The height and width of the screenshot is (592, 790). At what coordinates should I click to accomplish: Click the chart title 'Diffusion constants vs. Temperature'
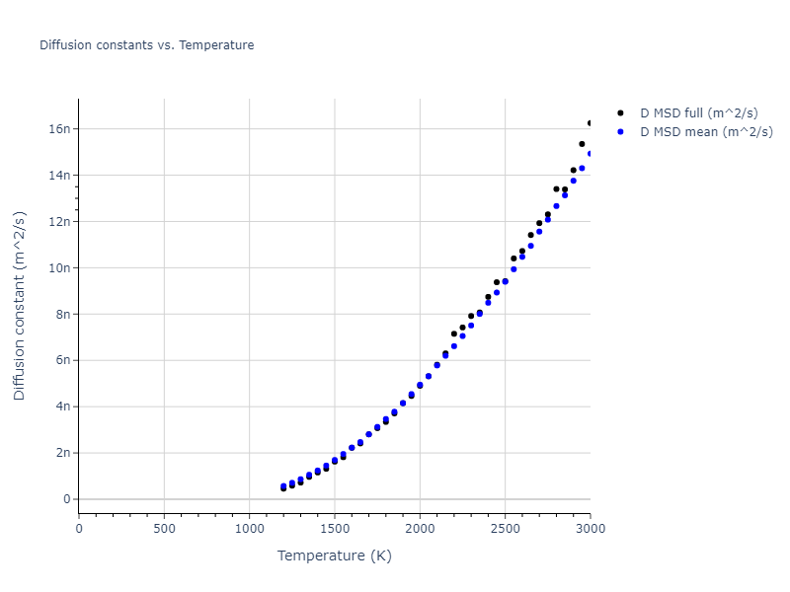[x=146, y=45]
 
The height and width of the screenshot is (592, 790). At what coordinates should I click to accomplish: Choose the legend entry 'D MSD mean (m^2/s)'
[x=706, y=131]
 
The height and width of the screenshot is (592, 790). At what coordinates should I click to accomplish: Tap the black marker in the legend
[x=620, y=113]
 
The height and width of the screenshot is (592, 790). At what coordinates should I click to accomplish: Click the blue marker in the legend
[x=620, y=131]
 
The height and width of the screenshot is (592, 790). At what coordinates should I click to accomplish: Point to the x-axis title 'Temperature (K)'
[x=334, y=556]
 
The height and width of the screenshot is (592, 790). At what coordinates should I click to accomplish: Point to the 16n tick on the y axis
[x=59, y=128]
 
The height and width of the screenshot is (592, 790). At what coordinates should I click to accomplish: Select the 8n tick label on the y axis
[x=62, y=314]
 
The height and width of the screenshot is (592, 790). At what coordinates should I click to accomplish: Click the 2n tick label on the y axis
[x=62, y=453]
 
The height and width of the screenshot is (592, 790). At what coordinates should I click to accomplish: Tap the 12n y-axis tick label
[x=59, y=221]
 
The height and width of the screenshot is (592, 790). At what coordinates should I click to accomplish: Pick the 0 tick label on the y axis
[x=67, y=499]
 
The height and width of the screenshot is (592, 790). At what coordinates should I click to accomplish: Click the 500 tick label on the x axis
[x=164, y=529]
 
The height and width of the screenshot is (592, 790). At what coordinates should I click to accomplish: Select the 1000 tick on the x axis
[x=249, y=529]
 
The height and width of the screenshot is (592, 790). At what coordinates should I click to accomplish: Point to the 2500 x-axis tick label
[x=505, y=529]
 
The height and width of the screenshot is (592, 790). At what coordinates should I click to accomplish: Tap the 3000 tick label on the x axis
[x=590, y=529]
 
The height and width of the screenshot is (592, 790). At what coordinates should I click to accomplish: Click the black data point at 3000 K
[x=590, y=123]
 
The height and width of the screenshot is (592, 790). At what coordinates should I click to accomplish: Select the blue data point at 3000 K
[x=590, y=153]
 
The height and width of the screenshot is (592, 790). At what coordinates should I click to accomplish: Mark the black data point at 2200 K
[x=454, y=333]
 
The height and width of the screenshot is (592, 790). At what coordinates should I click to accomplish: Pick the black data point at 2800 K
[x=556, y=188]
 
